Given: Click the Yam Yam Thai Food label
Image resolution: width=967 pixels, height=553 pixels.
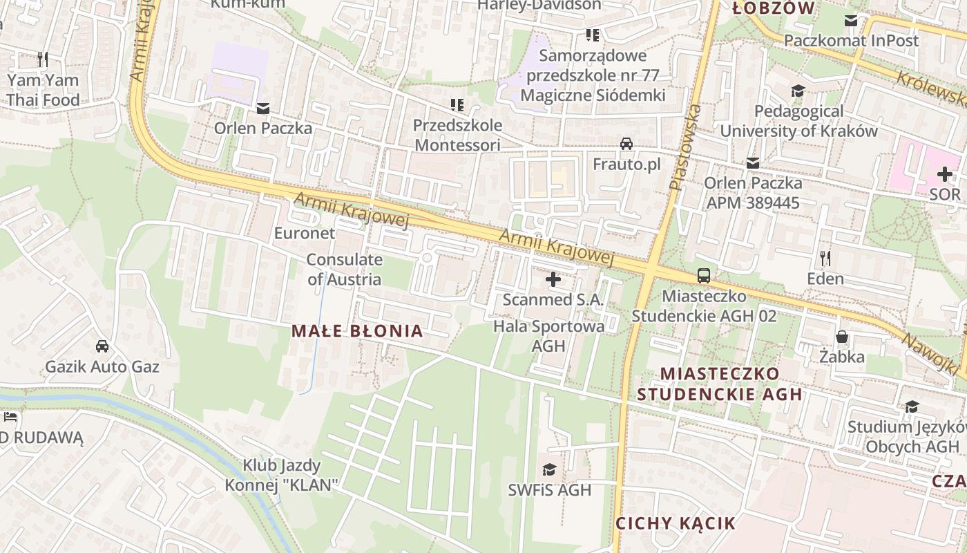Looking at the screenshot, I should (x=43, y=90).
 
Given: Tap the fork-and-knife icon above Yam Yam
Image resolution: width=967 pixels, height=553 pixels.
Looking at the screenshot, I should (x=43, y=59).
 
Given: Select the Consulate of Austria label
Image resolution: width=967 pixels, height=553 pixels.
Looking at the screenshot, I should (x=344, y=270).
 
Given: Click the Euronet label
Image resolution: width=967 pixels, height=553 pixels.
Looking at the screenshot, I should (x=305, y=233).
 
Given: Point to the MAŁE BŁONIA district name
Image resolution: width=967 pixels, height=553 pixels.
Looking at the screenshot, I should (x=357, y=331).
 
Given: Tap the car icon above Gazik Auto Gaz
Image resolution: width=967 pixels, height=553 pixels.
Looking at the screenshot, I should (x=102, y=346).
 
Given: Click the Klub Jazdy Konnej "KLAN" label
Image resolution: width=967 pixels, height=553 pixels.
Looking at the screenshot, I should (x=282, y=475).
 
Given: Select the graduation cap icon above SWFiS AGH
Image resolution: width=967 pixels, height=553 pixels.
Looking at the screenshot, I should (x=549, y=470).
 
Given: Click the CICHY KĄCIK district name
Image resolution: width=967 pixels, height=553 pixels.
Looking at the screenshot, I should (x=676, y=523).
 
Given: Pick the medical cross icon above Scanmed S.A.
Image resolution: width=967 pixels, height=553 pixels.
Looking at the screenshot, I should (x=553, y=279).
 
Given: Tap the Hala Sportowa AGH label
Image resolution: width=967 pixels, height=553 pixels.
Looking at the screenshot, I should (x=549, y=335).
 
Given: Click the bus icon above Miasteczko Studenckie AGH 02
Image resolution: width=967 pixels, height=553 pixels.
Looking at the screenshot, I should (x=704, y=275).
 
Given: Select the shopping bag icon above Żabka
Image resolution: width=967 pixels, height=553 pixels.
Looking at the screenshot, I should (x=842, y=337).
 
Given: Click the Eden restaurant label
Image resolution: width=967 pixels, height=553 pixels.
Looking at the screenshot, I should (x=825, y=279).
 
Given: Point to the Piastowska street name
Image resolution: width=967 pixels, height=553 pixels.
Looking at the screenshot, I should (x=684, y=147).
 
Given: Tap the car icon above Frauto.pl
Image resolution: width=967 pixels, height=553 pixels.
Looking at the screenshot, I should (x=626, y=144).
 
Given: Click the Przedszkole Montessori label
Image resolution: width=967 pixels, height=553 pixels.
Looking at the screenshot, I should (x=457, y=135).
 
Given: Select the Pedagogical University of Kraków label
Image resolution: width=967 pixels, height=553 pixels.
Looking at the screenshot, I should (x=798, y=121).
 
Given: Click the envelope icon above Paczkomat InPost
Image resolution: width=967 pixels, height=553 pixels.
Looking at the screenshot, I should (x=851, y=21).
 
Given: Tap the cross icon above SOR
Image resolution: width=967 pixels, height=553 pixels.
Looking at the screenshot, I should (x=944, y=174).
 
